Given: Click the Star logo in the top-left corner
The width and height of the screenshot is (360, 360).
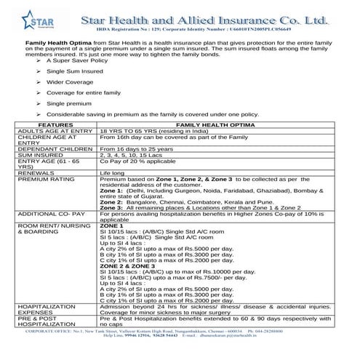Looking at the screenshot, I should coord(28,21).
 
